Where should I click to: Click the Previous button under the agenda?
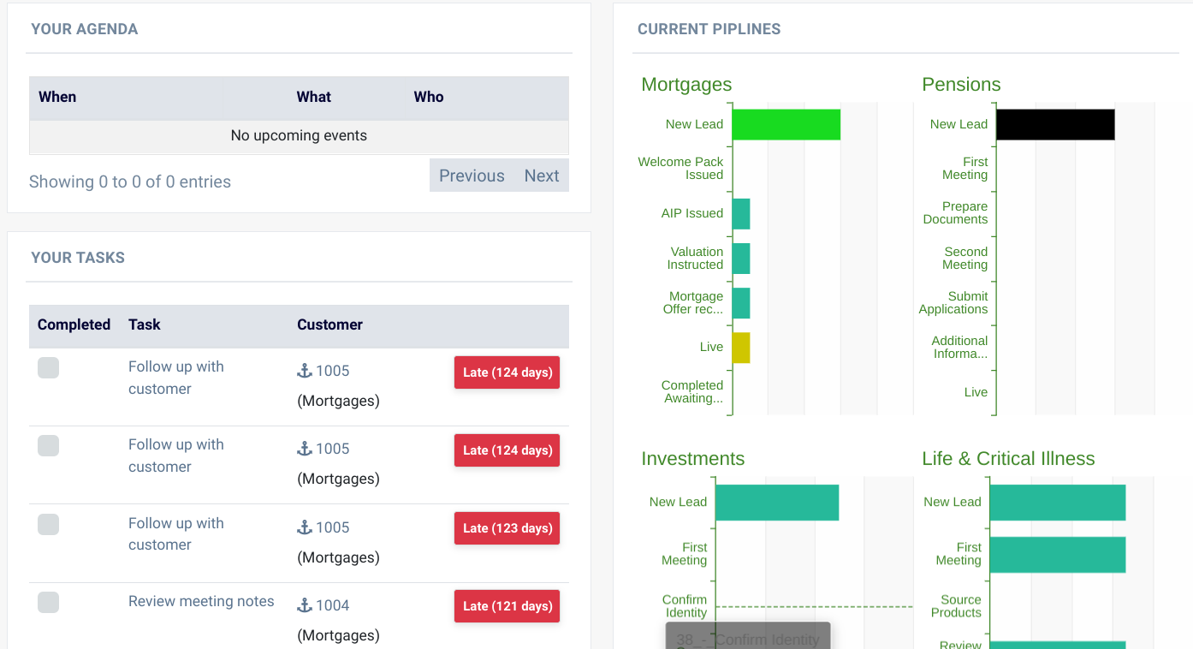coord(472,176)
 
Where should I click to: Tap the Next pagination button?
coord(542,176)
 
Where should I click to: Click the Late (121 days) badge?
coord(507,606)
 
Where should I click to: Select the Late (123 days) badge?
coord(507,528)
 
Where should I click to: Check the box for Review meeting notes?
coord(49,602)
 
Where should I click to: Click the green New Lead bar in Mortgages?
coord(786,124)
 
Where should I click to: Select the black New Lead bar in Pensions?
coord(1055,124)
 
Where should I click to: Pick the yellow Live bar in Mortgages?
coord(741,348)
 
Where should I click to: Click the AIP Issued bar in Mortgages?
coord(741,214)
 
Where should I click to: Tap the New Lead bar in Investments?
coord(776,503)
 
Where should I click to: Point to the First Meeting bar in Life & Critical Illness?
coord(1057,555)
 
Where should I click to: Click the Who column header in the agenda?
coord(429,97)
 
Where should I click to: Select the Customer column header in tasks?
coord(329,324)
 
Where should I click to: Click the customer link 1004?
coord(332,605)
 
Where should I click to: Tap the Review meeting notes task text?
coord(201,601)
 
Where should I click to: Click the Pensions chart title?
coord(961,85)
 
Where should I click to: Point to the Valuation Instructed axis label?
coord(695,258)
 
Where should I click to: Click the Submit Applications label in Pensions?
coord(953,302)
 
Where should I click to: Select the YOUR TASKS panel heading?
coord(78,258)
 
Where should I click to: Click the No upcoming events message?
coord(299,135)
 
